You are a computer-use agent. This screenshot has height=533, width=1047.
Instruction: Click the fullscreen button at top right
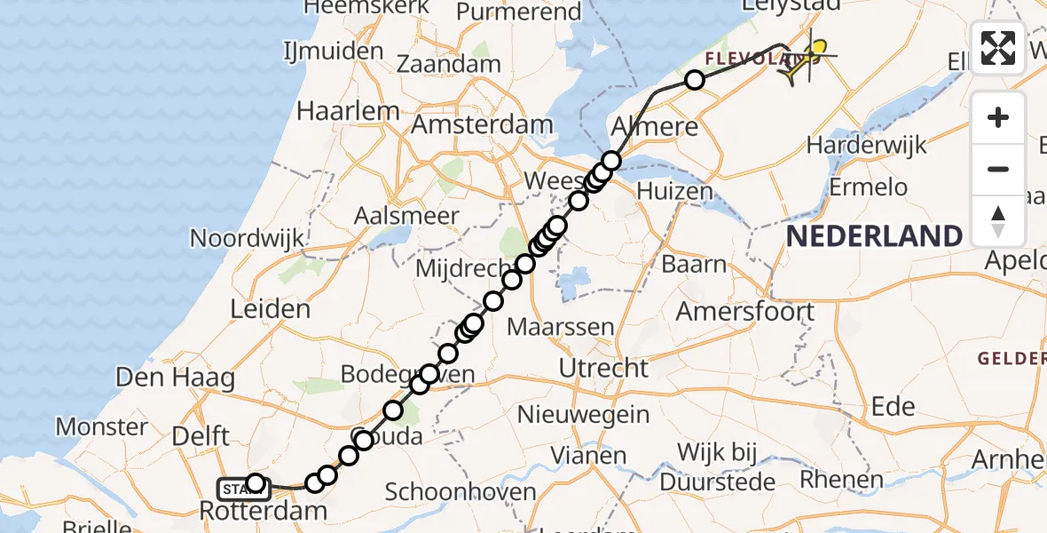coord(998,47)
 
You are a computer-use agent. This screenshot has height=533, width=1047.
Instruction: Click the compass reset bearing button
coord(998,220)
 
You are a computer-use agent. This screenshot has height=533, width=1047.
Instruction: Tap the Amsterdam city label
coord(482,124)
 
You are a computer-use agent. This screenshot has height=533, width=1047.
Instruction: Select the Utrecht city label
coord(604,367)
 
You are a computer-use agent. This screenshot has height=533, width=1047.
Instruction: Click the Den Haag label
coord(176,378)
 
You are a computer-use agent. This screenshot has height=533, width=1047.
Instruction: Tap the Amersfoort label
coord(744,312)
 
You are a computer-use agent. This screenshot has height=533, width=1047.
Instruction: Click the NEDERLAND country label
coord(874,235)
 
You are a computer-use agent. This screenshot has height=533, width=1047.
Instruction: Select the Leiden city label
coord(270,309)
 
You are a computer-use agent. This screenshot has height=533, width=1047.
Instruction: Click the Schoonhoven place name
coord(461,491)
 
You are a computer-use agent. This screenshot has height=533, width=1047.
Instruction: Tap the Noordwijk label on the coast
coord(247,238)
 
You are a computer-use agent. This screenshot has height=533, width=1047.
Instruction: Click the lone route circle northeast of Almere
coord(695,81)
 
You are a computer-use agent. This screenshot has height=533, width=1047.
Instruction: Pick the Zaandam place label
coord(448,64)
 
